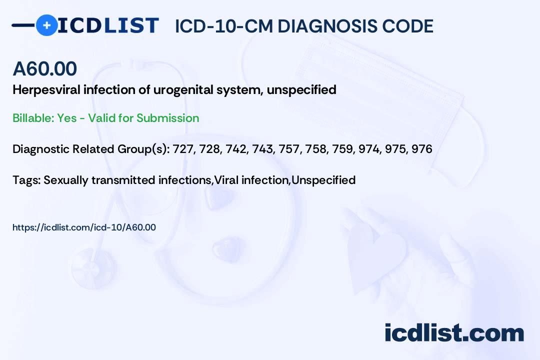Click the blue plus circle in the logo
tap(46, 25)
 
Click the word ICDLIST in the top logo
tap(108, 25)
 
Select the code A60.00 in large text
tap(45, 68)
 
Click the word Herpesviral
tap(46, 90)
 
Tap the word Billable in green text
tap(33, 118)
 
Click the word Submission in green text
tap(167, 118)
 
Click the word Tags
tap(26, 180)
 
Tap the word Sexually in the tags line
tap(66, 180)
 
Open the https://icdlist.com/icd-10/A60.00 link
tap(84, 227)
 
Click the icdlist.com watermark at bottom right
tap(454, 333)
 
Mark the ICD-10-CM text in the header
tap(224, 26)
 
